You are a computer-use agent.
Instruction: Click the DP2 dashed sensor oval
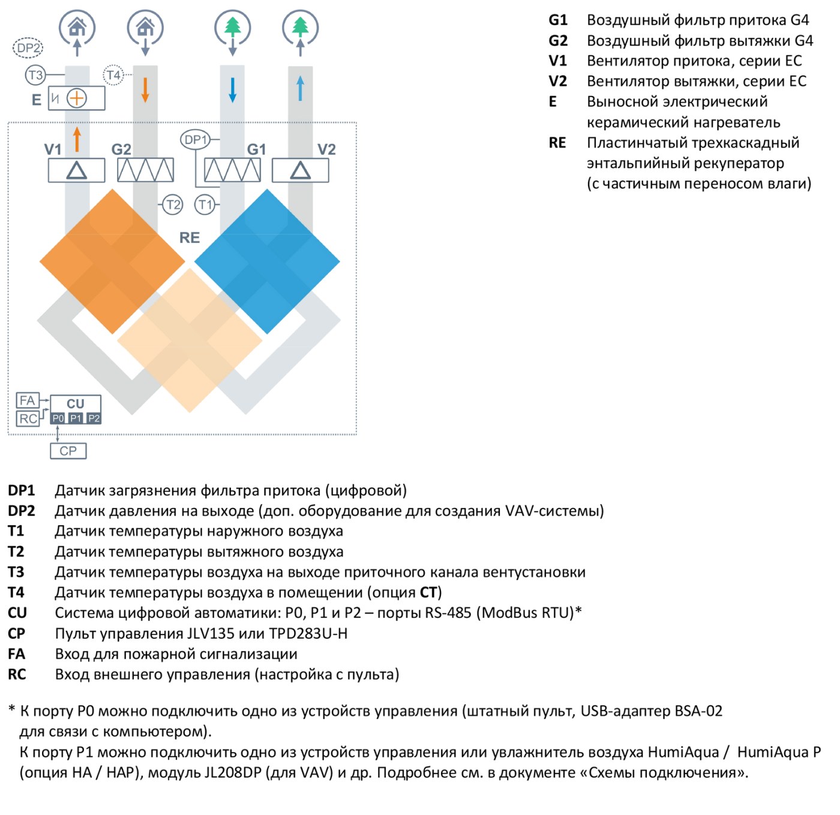click(x=28, y=47)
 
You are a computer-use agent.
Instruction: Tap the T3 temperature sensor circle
click(x=35, y=75)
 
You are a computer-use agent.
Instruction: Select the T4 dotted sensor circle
click(x=113, y=75)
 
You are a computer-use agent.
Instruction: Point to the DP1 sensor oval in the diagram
click(x=194, y=139)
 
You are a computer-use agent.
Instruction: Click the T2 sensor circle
click(x=173, y=204)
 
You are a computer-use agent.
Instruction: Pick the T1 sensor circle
click(x=205, y=204)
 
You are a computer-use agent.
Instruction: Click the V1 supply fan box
click(x=76, y=170)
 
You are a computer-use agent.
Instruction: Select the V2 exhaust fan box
click(x=300, y=170)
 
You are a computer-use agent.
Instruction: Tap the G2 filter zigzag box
click(x=145, y=170)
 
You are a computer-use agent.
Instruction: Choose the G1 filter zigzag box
click(x=232, y=170)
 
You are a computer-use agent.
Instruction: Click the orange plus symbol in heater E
click(x=77, y=98)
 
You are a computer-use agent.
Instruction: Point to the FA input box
click(x=28, y=401)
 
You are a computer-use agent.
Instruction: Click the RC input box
click(x=28, y=419)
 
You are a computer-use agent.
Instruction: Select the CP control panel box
click(x=68, y=451)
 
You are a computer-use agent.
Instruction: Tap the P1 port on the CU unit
click(x=76, y=418)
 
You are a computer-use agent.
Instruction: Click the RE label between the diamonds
click(x=190, y=237)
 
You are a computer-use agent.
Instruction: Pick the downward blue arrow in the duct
click(x=232, y=90)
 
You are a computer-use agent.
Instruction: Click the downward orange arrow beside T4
click(x=145, y=90)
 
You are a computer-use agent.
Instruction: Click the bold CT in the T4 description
click(x=428, y=593)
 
